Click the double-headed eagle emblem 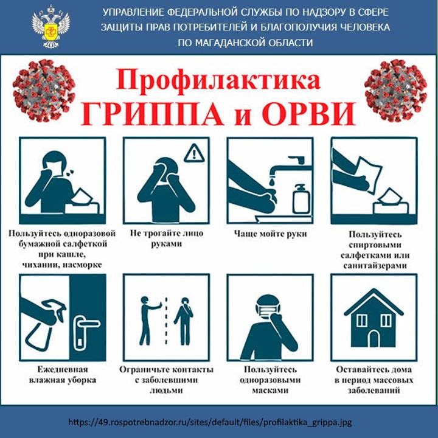click(50, 27)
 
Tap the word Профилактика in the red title click(218, 80)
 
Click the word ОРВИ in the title click(308, 114)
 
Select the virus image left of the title click(44, 91)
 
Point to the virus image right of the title click(395, 91)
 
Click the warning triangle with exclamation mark click(194, 153)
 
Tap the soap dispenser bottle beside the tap click(301, 199)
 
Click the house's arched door click(374, 338)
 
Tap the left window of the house click(362, 320)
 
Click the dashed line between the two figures click(166, 321)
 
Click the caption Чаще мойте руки click(270, 234)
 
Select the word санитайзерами click(375, 265)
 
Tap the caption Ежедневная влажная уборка click(63, 375)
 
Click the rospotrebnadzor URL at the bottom click(210, 422)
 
